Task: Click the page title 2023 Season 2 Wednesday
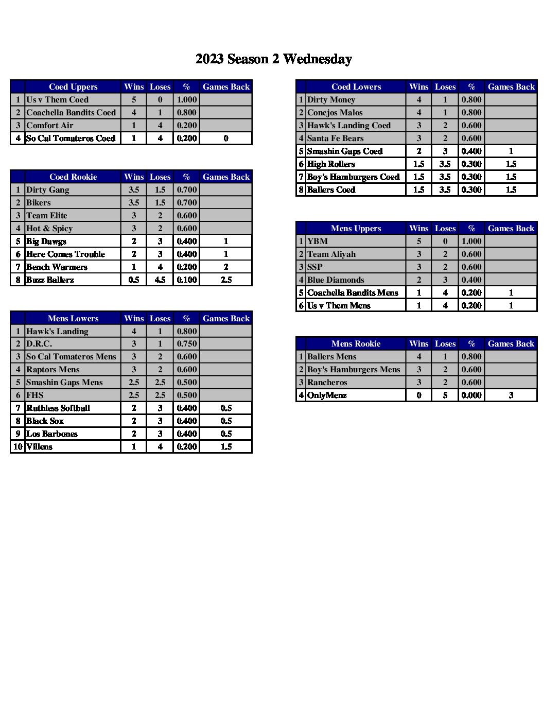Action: pos(273,59)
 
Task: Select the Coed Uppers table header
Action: pos(73,87)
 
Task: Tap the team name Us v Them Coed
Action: pos(57,100)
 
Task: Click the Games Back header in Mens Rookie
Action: pos(511,344)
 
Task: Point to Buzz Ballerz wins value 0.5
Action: pos(134,280)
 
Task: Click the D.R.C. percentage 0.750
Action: pos(187,344)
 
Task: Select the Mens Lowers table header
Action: pos(73,319)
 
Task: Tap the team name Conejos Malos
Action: pos(335,113)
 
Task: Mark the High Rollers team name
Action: pos(331,164)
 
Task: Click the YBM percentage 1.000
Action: pos(471,241)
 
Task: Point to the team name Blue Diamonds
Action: pos(336,280)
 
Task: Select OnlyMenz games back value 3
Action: pos(511,395)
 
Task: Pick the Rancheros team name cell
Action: pos(327,383)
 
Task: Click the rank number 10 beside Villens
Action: pos(18,447)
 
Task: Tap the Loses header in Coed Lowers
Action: pos(445,87)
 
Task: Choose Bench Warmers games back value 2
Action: pos(226,267)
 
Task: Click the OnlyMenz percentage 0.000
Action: pos(471,395)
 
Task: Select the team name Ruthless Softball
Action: pos(58,408)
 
